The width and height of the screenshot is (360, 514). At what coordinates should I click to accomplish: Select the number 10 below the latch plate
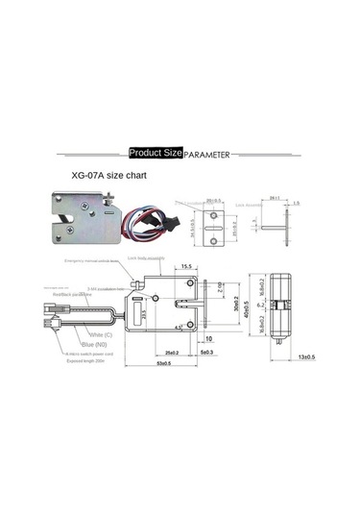(207, 338)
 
